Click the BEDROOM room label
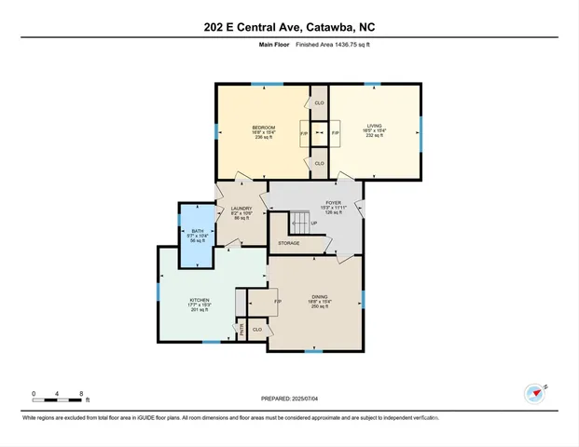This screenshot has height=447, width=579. pos(262,128)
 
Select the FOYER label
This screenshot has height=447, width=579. pos(333,202)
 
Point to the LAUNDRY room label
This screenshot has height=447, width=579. pos(241,209)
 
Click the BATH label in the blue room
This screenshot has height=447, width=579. pos(197,231)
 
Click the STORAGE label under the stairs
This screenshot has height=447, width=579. pos(288,243)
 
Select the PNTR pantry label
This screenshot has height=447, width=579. pos(241,329)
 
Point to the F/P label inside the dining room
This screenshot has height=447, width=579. pos(277,302)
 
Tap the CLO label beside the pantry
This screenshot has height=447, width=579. pos(257,329)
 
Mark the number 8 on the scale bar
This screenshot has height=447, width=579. pos(83,394)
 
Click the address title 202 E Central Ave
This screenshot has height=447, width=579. pos(289,28)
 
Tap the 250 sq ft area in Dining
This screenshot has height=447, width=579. pos(320,308)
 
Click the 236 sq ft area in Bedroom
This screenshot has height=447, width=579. pos(262,138)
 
